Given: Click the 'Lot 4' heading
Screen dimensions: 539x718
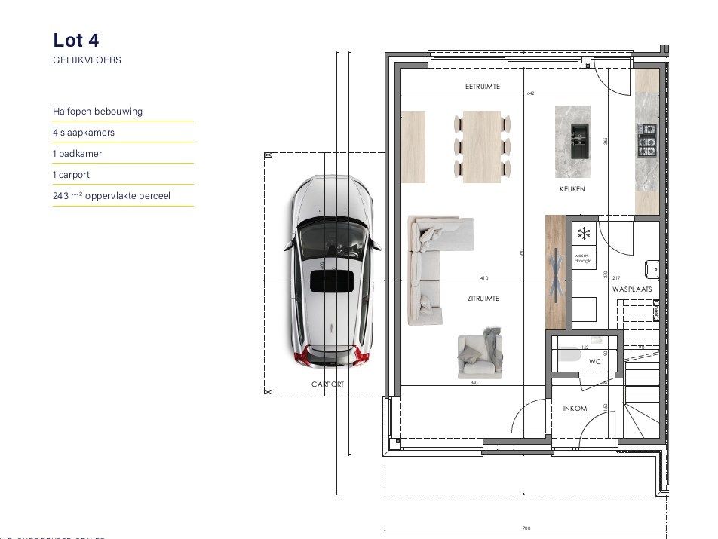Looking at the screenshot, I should [76, 40].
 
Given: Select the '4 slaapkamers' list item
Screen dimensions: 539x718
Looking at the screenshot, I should [84, 132].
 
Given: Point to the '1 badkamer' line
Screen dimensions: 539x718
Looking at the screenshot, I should [78, 153].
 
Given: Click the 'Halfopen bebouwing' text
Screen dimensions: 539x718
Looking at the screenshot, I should [97, 111].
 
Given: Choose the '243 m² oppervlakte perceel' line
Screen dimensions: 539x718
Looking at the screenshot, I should [112, 195].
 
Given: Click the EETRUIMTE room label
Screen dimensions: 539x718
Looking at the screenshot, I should [483, 87].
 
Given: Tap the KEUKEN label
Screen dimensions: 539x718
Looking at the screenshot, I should [572, 189].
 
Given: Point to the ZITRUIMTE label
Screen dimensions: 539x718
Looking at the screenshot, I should [483, 299].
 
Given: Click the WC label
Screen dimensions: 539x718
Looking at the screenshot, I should [595, 362].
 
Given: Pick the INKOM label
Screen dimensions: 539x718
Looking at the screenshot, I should [575, 409].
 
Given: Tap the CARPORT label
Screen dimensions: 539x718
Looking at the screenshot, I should [327, 384].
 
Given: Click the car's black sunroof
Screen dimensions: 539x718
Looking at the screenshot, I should [332, 280].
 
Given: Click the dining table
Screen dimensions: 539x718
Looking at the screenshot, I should [483, 146].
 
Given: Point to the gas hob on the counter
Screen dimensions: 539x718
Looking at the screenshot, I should [647, 139].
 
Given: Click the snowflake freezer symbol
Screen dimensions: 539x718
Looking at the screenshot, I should [583, 233].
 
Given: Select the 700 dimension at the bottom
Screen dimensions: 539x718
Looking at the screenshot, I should [526, 528].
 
